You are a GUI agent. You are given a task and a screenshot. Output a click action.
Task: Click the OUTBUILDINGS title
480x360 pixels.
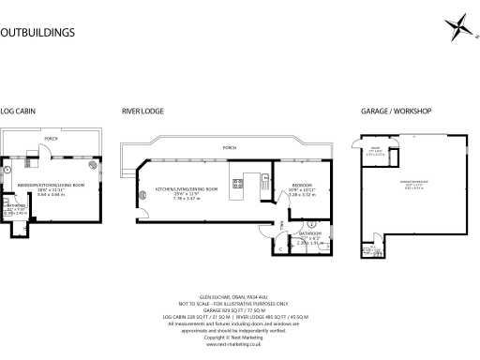[37, 32]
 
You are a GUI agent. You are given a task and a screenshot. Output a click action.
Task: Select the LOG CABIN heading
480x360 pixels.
[19, 112]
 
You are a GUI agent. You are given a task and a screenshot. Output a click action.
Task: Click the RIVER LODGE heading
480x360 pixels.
[143, 112]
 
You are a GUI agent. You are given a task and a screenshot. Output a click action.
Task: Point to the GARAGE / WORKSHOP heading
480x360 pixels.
[396, 112]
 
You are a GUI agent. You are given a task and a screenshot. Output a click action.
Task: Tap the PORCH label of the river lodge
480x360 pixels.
[229, 147]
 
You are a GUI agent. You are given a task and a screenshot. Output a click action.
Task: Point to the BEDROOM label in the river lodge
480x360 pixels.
[302, 186]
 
